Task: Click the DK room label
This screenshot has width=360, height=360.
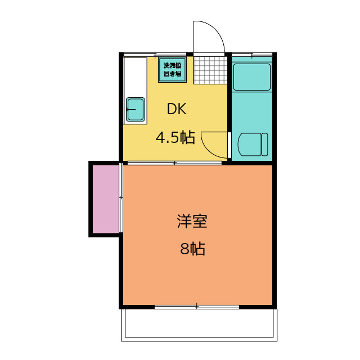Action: click(176, 110)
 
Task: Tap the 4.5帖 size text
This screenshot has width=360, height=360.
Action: click(175, 138)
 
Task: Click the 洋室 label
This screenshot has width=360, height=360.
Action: click(192, 221)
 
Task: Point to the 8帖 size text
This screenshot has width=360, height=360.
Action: click(192, 249)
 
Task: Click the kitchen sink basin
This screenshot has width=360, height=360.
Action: click(136, 109)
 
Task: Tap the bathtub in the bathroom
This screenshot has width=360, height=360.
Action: click(252, 77)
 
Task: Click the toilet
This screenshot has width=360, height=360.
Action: click(253, 145)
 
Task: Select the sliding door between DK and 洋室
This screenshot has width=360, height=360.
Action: click(174, 163)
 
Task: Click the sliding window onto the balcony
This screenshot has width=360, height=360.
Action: click(197, 307)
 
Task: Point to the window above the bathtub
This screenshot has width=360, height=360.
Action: click(252, 55)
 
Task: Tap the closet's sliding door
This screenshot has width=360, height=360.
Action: click(121, 198)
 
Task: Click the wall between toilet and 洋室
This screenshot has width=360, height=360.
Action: click(252, 163)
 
